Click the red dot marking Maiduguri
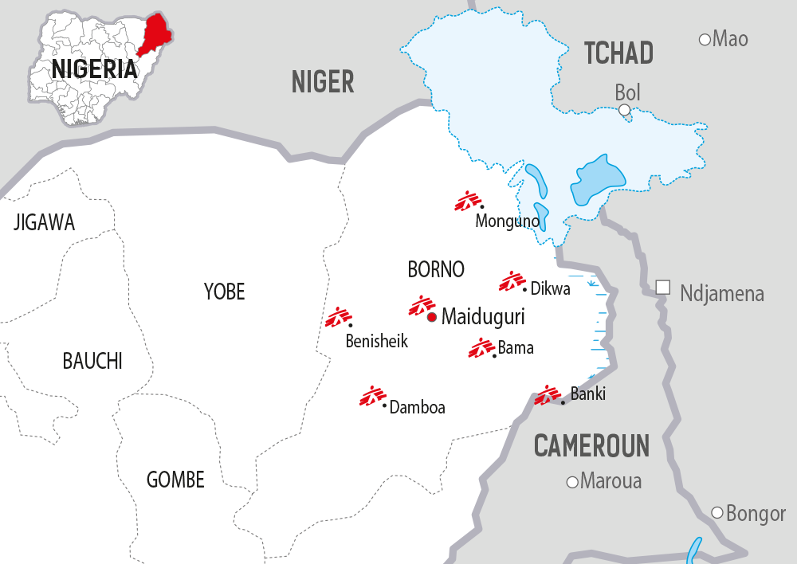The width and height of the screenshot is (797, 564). tap(431, 317)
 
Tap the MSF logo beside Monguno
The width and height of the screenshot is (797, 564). tap(467, 201)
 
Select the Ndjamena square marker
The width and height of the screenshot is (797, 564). tap(662, 287)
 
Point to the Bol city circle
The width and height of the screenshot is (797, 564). tap(625, 109)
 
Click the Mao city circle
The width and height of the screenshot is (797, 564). tap(705, 39)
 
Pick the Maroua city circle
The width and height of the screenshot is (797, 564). tap(571, 482)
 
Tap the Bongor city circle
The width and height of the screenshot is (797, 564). tap(717, 513)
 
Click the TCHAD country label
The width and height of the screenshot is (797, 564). tap(618, 53)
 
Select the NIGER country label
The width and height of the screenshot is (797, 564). tap(322, 81)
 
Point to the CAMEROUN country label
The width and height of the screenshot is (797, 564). tap(591, 446)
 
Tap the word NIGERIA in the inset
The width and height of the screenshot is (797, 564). tap(94, 69)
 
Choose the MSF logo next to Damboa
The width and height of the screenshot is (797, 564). tap(371, 396)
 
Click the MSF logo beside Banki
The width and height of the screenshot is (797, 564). tap(547, 395)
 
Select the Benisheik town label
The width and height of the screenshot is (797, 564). tap(376, 342)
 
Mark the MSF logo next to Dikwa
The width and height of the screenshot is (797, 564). tap(511, 281)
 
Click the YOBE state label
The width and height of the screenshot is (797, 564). tap(224, 292)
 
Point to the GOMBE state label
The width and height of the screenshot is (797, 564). tap(175, 480)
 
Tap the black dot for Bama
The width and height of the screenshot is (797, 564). tap(495, 355)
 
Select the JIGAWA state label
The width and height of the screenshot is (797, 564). tap(44, 222)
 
